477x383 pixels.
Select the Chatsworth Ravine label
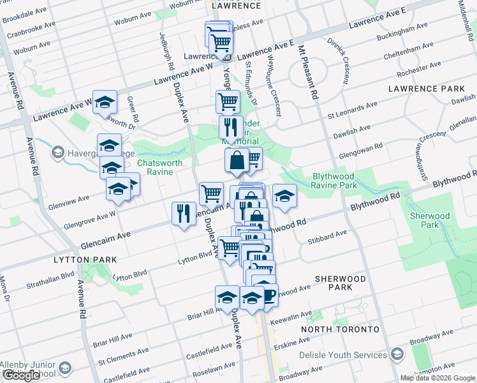(x=160, y=167)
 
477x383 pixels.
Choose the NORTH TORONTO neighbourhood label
(x=340, y=329)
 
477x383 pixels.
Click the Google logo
(x=22, y=375)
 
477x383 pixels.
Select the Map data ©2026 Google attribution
(x=437, y=378)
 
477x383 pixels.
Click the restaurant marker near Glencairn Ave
(x=184, y=213)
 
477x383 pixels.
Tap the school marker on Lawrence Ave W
(x=105, y=101)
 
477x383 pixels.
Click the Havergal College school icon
(x=58, y=152)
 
